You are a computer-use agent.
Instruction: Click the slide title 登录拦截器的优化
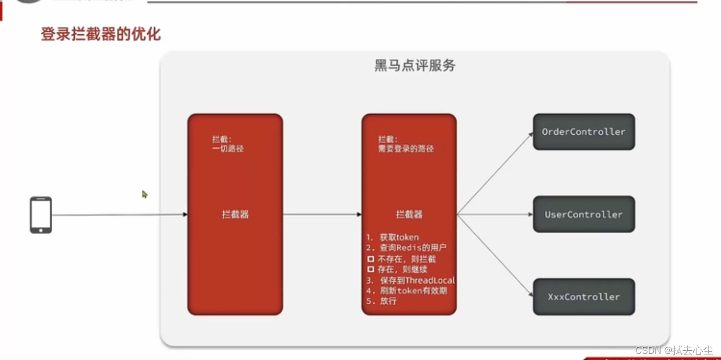[100, 34]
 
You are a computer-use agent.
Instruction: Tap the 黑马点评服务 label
[415, 66]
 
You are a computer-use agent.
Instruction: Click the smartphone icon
[41, 215]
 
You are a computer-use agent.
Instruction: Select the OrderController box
[584, 132]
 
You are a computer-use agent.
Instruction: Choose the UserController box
[584, 214]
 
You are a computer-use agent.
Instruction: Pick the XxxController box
[584, 297]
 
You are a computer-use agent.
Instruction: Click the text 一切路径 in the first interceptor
[228, 149]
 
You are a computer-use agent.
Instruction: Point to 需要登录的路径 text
[406, 149]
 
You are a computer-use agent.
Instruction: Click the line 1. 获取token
[393, 237]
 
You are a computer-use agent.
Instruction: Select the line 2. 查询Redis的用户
[407, 248]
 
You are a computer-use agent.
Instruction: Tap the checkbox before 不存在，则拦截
[371, 259]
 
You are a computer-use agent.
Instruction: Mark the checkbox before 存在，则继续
[371, 269]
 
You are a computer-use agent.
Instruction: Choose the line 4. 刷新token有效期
[407, 291]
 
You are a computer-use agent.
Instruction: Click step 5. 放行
[381, 301]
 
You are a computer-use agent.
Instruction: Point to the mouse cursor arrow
[144, 194]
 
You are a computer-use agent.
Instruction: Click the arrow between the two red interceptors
[322, 215]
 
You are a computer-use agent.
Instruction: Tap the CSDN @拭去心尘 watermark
[674, 350]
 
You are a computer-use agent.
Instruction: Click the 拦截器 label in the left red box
[235, 215]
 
